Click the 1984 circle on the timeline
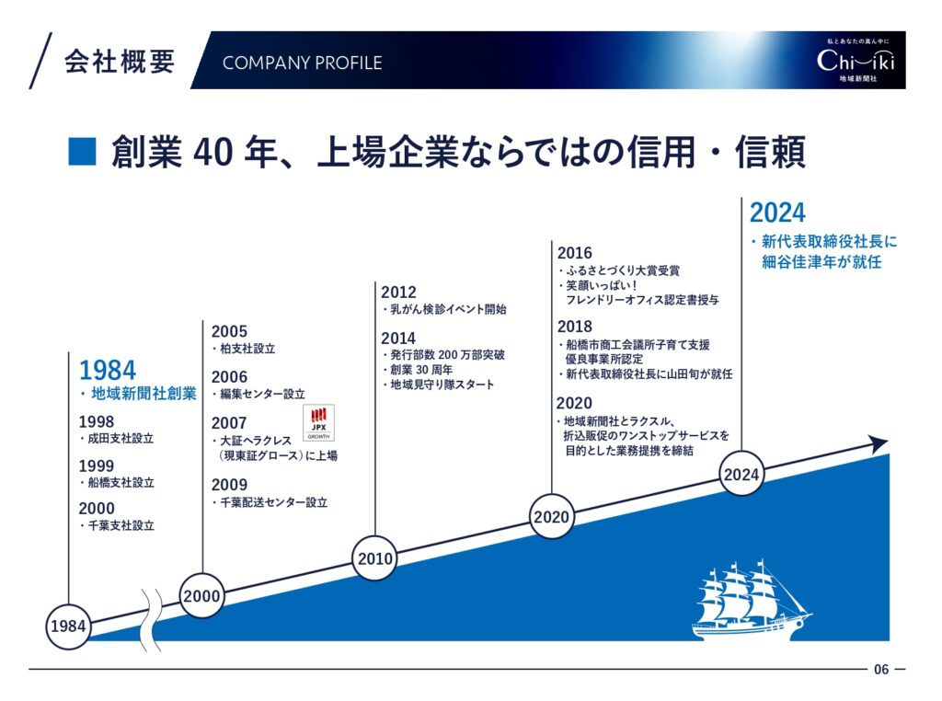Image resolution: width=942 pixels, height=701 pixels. click(68, 626)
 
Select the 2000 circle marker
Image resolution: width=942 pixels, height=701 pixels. click(201, 595)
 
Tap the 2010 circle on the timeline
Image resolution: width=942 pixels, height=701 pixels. click(375, 558)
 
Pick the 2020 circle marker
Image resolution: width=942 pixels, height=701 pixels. click(551, 516)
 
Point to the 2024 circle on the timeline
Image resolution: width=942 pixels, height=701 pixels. click(741, 474)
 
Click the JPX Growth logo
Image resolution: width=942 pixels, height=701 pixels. click(318, 423)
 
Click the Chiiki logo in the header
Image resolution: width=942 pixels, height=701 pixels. click(856, 60)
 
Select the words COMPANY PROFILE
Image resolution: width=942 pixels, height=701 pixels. click(302, 63)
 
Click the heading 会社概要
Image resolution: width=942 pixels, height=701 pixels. click(120, 62)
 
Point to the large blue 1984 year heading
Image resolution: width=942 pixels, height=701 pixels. click(108, 370)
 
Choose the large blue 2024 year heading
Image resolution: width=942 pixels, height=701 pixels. click(777, 213)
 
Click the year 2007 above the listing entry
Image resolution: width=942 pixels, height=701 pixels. click(229, 423)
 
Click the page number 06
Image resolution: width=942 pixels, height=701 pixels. click(881, 669)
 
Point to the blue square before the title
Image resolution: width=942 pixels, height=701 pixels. click(82, 152)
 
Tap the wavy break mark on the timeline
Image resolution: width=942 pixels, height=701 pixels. click(152, 620)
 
